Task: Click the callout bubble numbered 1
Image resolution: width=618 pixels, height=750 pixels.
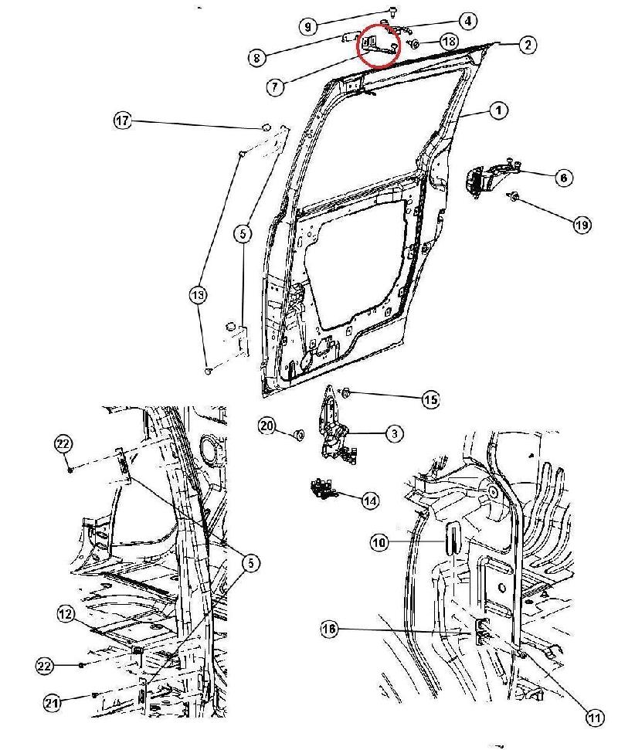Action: (498, 111)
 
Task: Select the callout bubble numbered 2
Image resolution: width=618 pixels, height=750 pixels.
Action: (527, 45)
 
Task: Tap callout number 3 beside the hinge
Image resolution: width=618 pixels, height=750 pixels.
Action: (393, 434)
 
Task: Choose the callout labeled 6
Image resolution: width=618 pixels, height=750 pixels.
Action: (563, 178)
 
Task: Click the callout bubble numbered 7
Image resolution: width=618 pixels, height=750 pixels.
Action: (273, 87)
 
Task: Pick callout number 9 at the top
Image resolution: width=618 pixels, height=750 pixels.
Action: (307, 27)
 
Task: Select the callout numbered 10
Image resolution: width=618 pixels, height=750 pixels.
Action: (379, 544)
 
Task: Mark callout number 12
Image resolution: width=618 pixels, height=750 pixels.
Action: (66, 614)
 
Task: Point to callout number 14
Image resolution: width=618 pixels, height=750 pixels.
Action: (371, 501)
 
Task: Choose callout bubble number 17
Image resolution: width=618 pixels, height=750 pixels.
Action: (123, 121)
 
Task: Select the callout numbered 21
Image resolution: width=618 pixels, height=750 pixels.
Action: (53, 702)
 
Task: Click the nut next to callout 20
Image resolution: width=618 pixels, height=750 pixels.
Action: (297, 436)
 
